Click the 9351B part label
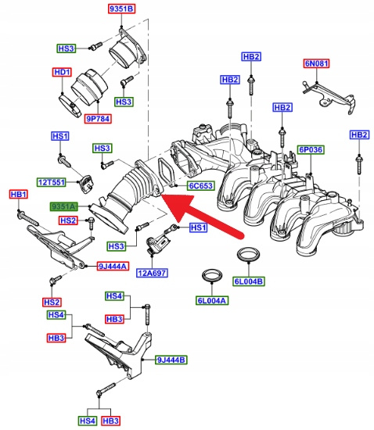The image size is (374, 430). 121,9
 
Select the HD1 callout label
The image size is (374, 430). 63,73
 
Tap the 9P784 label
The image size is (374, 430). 98,119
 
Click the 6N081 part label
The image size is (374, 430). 316,63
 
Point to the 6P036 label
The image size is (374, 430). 311,150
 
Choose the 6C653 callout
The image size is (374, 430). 201,186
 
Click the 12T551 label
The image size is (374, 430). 52,182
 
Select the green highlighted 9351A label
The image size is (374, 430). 63,206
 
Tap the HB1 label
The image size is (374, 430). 18,195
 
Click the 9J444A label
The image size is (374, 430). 113,266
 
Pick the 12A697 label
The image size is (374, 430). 152,273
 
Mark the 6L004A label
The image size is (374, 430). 212,300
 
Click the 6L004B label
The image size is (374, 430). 249,281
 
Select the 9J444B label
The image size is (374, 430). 171,360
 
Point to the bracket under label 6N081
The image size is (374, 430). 329,96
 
